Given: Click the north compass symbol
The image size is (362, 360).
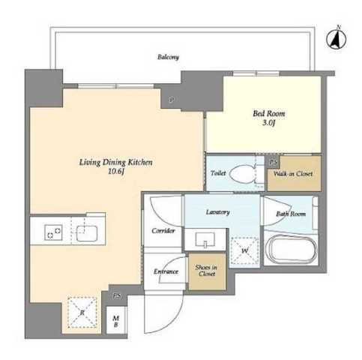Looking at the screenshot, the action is point(336,39).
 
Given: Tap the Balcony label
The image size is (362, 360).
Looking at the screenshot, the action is point(168,57).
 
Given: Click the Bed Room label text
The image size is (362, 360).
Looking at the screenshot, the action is point(269,113).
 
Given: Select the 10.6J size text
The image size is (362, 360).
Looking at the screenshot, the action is point(116,172).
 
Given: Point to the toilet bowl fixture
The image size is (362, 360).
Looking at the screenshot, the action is point(242,173).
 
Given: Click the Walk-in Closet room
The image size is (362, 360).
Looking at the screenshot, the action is point(294,173).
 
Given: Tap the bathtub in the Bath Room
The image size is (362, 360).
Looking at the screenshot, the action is point(291,248).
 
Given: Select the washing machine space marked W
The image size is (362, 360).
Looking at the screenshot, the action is point(244,250).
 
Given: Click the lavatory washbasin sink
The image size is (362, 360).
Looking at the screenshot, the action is point(205,239).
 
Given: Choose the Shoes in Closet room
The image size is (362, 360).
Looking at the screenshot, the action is point(207,271).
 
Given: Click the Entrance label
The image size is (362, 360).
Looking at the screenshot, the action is point(166,271).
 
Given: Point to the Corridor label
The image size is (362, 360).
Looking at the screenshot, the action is point(163,230).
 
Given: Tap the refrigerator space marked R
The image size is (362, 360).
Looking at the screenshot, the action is point(82,312).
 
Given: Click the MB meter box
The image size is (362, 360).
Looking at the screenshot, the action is point(115,321).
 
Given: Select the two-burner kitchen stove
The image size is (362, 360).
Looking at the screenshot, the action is point(53,232).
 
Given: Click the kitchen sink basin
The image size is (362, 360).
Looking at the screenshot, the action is point(87,233).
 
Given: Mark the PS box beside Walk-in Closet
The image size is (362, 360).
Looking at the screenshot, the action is point(274,162).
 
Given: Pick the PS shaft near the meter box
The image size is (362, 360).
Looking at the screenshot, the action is point(116,296).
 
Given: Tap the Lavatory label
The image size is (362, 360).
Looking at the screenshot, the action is point(218,212).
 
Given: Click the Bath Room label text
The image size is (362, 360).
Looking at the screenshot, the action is point(291,214).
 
